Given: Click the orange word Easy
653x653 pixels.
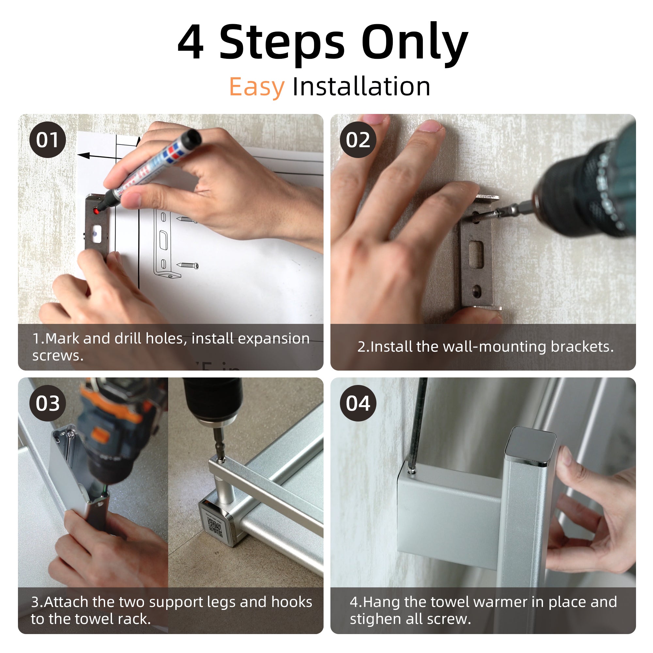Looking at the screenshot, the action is pos(257,87).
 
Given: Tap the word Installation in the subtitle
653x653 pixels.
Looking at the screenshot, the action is pos(361,87).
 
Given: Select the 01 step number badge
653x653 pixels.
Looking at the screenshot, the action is pos(48,140).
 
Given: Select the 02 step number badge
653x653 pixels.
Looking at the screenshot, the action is pos(358,140).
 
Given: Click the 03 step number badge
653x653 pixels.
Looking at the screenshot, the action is pos(48,403).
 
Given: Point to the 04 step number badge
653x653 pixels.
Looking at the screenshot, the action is pos(358,403).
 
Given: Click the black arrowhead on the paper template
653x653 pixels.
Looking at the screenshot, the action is pos(84,155).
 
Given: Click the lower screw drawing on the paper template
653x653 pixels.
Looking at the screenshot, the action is pos(188,265).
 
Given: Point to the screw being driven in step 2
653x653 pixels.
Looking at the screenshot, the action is pos(487,215).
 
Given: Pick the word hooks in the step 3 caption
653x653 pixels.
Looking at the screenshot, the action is pos(292,602).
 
